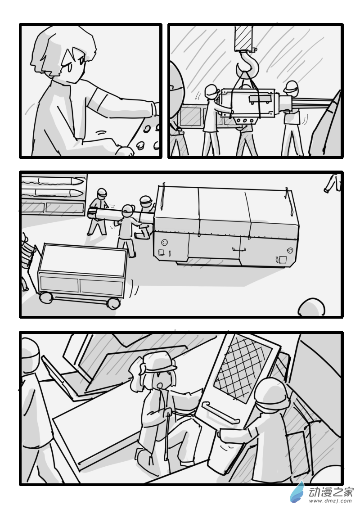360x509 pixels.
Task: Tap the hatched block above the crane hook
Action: (243, 37)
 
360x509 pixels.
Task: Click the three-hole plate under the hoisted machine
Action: (245, 121)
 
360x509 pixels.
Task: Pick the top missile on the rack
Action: (51, 180)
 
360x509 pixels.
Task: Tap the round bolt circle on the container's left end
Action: (165, 243)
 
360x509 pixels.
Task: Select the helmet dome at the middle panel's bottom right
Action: (311, 307)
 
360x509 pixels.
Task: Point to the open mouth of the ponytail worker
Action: (159, 385)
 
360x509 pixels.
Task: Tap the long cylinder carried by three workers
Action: (120, 214)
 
